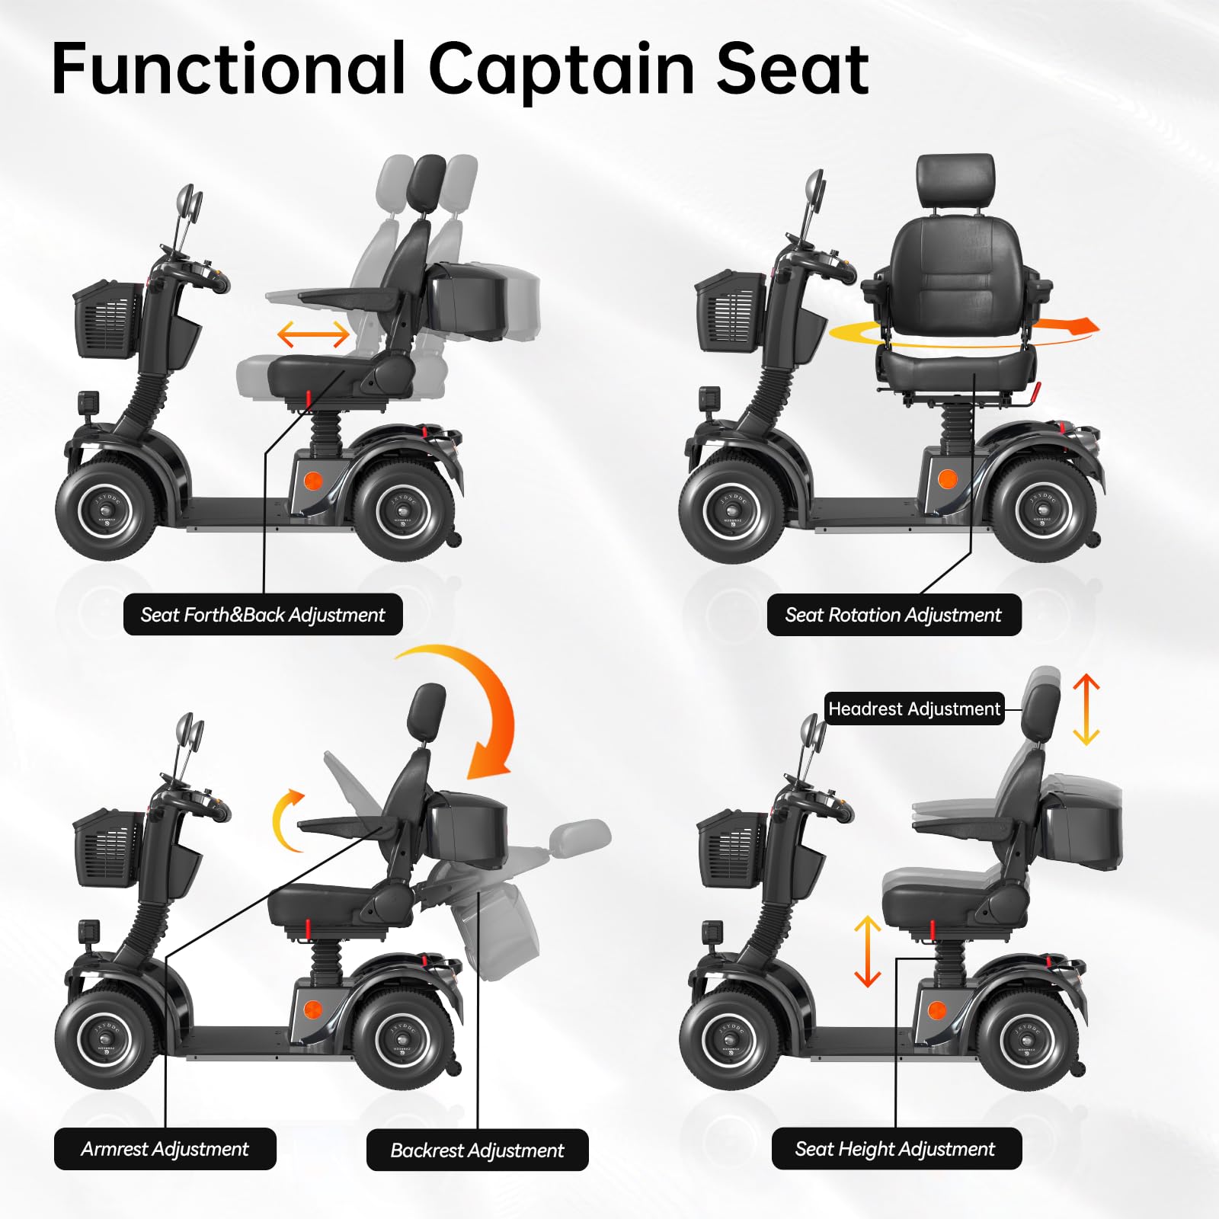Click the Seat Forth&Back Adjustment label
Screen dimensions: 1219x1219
click(x=263, y=614)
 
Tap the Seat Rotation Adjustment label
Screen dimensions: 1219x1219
click(x=893, y=614)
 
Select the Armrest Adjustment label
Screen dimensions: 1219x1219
click(x=165, y=1148)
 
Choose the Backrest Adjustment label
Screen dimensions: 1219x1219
click(x=477, y=1150)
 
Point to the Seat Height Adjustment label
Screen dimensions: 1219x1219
click(x=896, y=1148)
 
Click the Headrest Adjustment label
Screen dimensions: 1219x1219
click(x=914, y=709)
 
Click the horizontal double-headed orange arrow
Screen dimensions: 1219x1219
click(x=313, y=334)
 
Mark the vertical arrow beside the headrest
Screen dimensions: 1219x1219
click(x=1086, y=709)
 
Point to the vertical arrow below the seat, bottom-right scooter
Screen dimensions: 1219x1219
click(x=867, y=951)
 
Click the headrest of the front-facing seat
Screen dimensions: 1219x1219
click(x=956, y=181)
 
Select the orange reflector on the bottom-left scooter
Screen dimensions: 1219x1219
click(x=312, y=1009)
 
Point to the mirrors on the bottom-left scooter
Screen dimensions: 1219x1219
click(x=188, y=736)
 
